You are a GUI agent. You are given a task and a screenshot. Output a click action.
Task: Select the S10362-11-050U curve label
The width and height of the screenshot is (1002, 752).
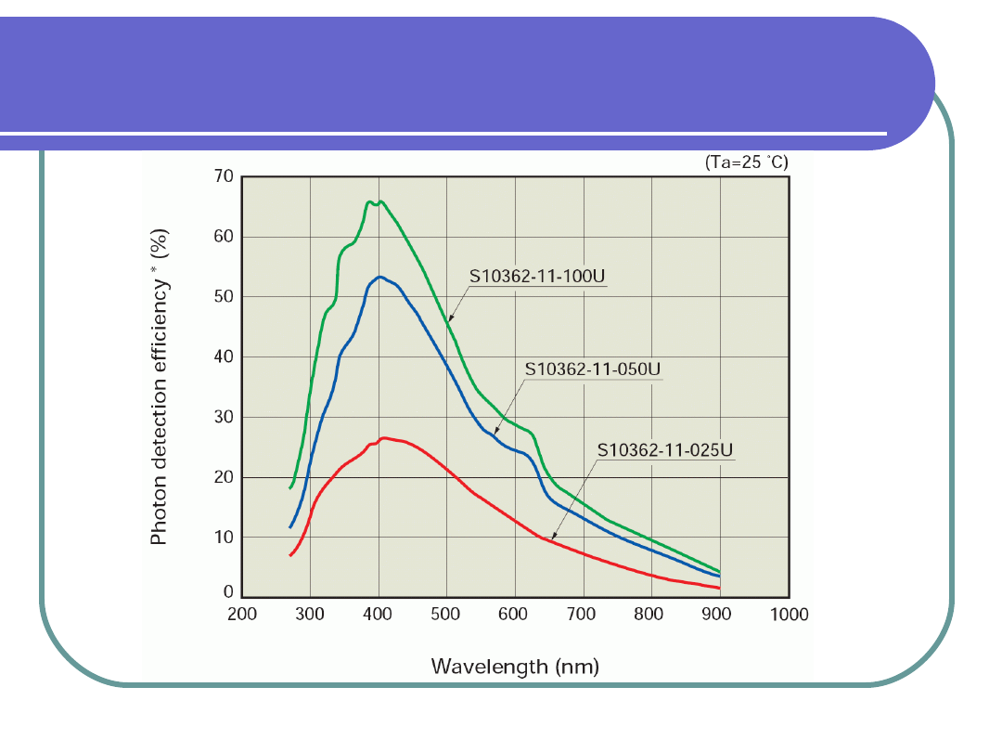[593, 369]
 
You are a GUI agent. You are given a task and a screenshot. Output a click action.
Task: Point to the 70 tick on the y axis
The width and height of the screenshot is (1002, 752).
[224, 176]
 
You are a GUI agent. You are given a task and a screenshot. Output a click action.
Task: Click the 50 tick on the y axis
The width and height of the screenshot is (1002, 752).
[224, 297]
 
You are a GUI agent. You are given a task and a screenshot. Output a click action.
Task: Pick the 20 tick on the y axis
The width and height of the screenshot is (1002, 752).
[224, 477]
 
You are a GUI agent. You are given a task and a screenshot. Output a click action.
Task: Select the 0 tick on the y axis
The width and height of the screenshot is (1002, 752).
[228, 592]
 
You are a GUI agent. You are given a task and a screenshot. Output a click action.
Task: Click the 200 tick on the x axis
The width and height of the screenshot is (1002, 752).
[242, 614]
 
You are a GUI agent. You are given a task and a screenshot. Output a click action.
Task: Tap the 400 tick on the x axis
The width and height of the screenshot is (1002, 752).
[378, 614]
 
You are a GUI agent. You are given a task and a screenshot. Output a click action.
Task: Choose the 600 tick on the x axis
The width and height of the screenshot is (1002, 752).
[514, 614]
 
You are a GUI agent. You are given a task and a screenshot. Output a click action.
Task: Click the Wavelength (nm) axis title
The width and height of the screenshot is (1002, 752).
[515, 667]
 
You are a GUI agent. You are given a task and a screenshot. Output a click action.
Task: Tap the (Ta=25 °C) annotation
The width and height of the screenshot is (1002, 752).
[747, 162]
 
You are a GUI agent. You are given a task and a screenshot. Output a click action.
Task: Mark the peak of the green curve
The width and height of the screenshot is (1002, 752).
[369, 201]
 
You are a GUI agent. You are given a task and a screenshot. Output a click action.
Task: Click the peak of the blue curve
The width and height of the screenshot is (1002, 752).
[379, 277]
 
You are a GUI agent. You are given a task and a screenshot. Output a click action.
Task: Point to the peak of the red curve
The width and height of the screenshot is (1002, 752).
[384, 437]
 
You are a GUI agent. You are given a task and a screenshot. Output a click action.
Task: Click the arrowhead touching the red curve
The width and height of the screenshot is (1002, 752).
[554, 536]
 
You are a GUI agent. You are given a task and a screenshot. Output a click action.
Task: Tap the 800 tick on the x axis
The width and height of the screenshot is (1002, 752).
[649, 614]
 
